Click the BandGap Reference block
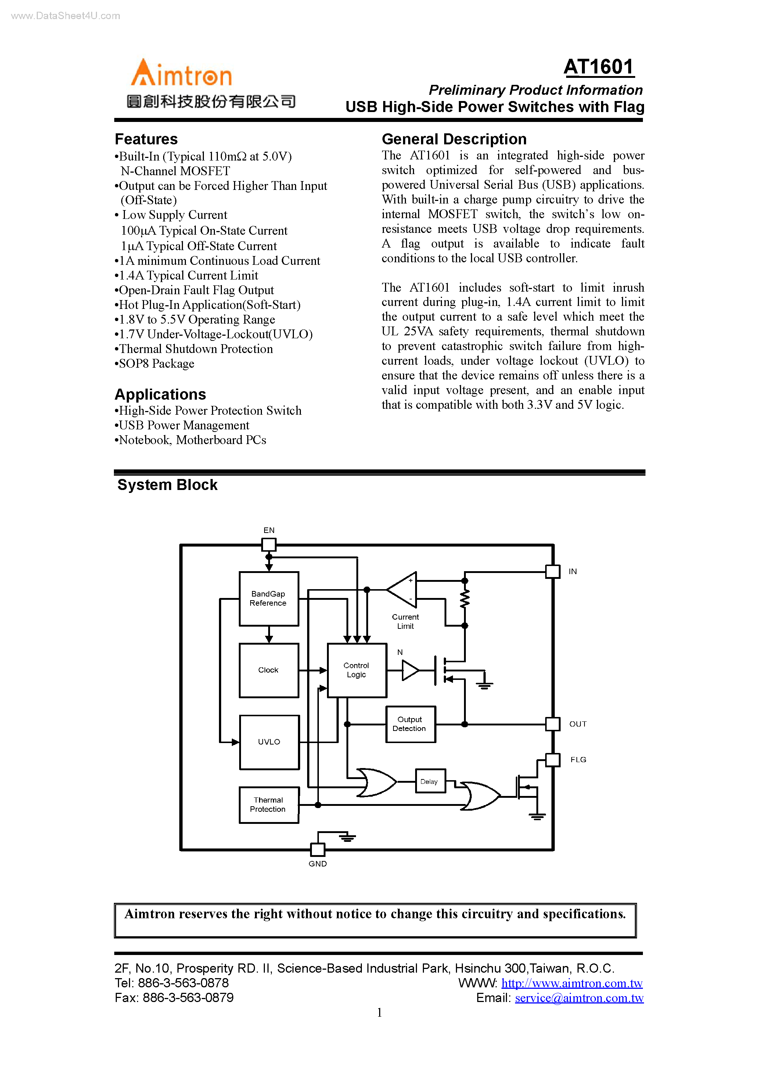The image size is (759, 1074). click(269, 598)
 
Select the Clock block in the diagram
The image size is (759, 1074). click(269, 670)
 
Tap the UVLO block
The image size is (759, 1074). click(269, 742)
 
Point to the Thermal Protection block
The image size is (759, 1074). click(269, 804)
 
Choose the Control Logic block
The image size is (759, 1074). click(357, 670)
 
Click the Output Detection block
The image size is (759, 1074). click(410, 724)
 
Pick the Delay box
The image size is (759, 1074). click(429, 781)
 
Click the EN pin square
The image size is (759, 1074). click(269, 544)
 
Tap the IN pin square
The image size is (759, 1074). click(553, 571)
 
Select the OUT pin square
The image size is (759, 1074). click(553, 724)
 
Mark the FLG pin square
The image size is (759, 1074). click(553, 760)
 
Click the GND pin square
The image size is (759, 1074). click(318, 849)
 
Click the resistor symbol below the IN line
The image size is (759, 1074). click(465, 599)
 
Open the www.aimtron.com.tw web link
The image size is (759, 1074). click(572, 983)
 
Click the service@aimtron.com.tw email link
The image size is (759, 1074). click(579, 998)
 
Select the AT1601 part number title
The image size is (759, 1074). click(598, 67)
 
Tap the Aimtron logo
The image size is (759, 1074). click(181, 74)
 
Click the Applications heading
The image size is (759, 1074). click(161, 394)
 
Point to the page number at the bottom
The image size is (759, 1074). click(379, 1013)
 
